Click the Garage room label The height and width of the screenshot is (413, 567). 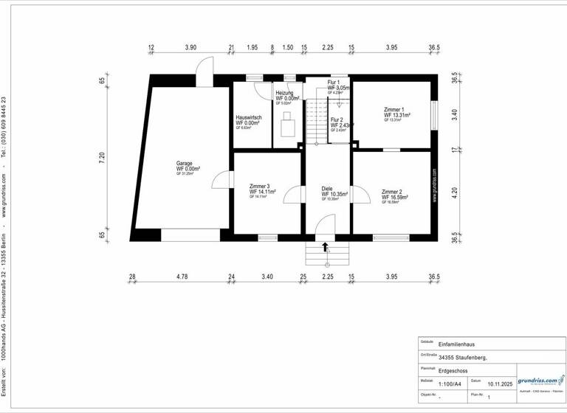click(x=184, y=164)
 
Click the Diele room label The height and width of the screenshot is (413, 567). click(x=327, y=189)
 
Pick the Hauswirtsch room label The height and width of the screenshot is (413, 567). click(x=249, y=118)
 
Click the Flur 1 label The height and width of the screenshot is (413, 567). click(x=334, y=83)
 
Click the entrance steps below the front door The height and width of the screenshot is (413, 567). click(x=326, y=257)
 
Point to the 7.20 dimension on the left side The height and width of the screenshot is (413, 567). click(x=103, y=156)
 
